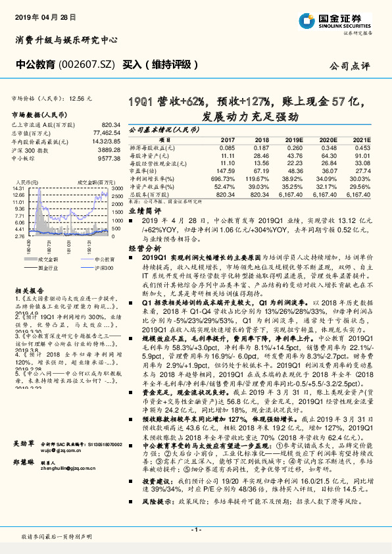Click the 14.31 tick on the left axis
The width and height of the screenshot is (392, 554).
(18, 188)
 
